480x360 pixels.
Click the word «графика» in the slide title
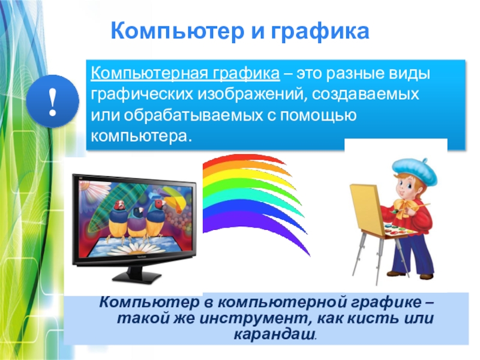point(320,32)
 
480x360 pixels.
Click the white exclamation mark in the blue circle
point(53,102)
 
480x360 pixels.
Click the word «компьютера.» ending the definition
point(141,136)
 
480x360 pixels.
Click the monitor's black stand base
point(136,277)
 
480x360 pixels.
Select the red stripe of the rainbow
point(245,159)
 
